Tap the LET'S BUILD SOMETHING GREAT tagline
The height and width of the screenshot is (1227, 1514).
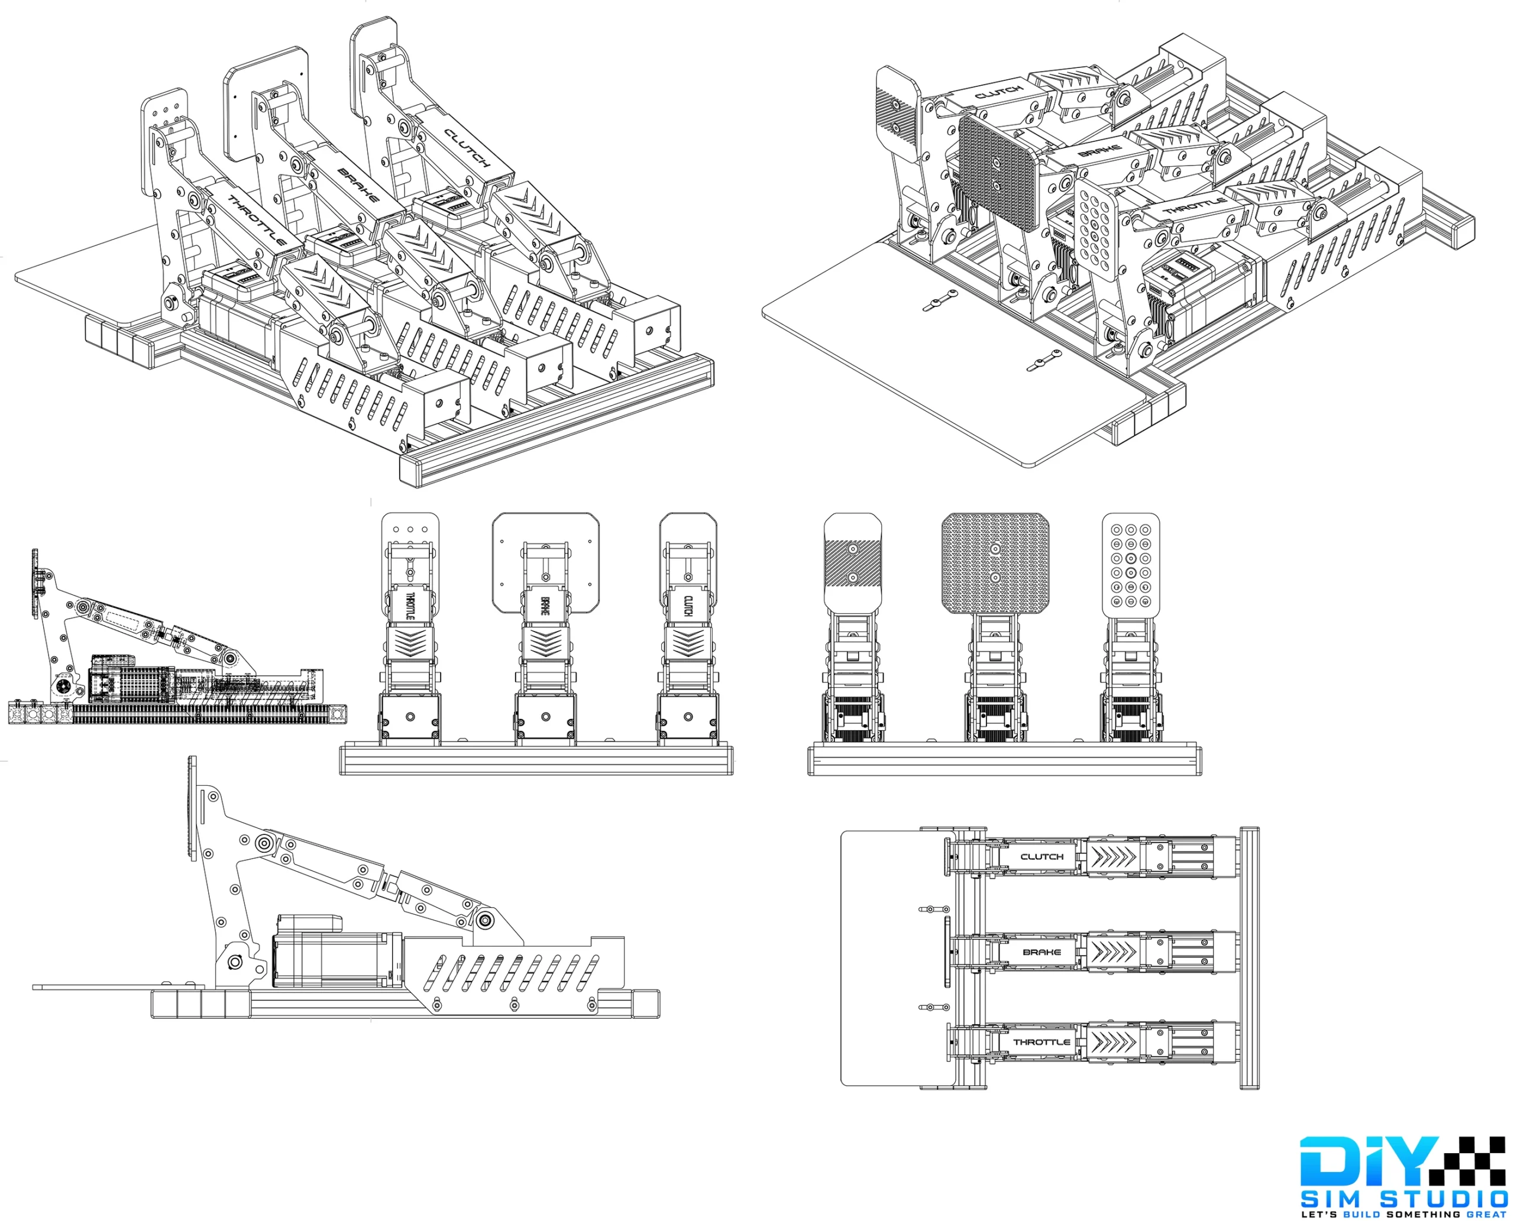[1405, 1216]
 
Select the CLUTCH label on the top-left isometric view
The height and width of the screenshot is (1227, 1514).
[467, 148]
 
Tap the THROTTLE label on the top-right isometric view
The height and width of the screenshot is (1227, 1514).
[1195, 206]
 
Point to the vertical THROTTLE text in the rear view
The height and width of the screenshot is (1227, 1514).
[410, 607]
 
